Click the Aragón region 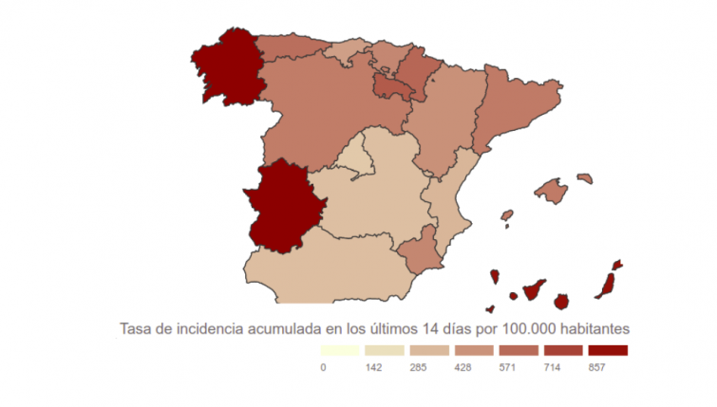[446, 119]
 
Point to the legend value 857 [596, 367]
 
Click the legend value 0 [324, 367]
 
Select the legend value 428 [460, 367]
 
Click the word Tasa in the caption [135, 328]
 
